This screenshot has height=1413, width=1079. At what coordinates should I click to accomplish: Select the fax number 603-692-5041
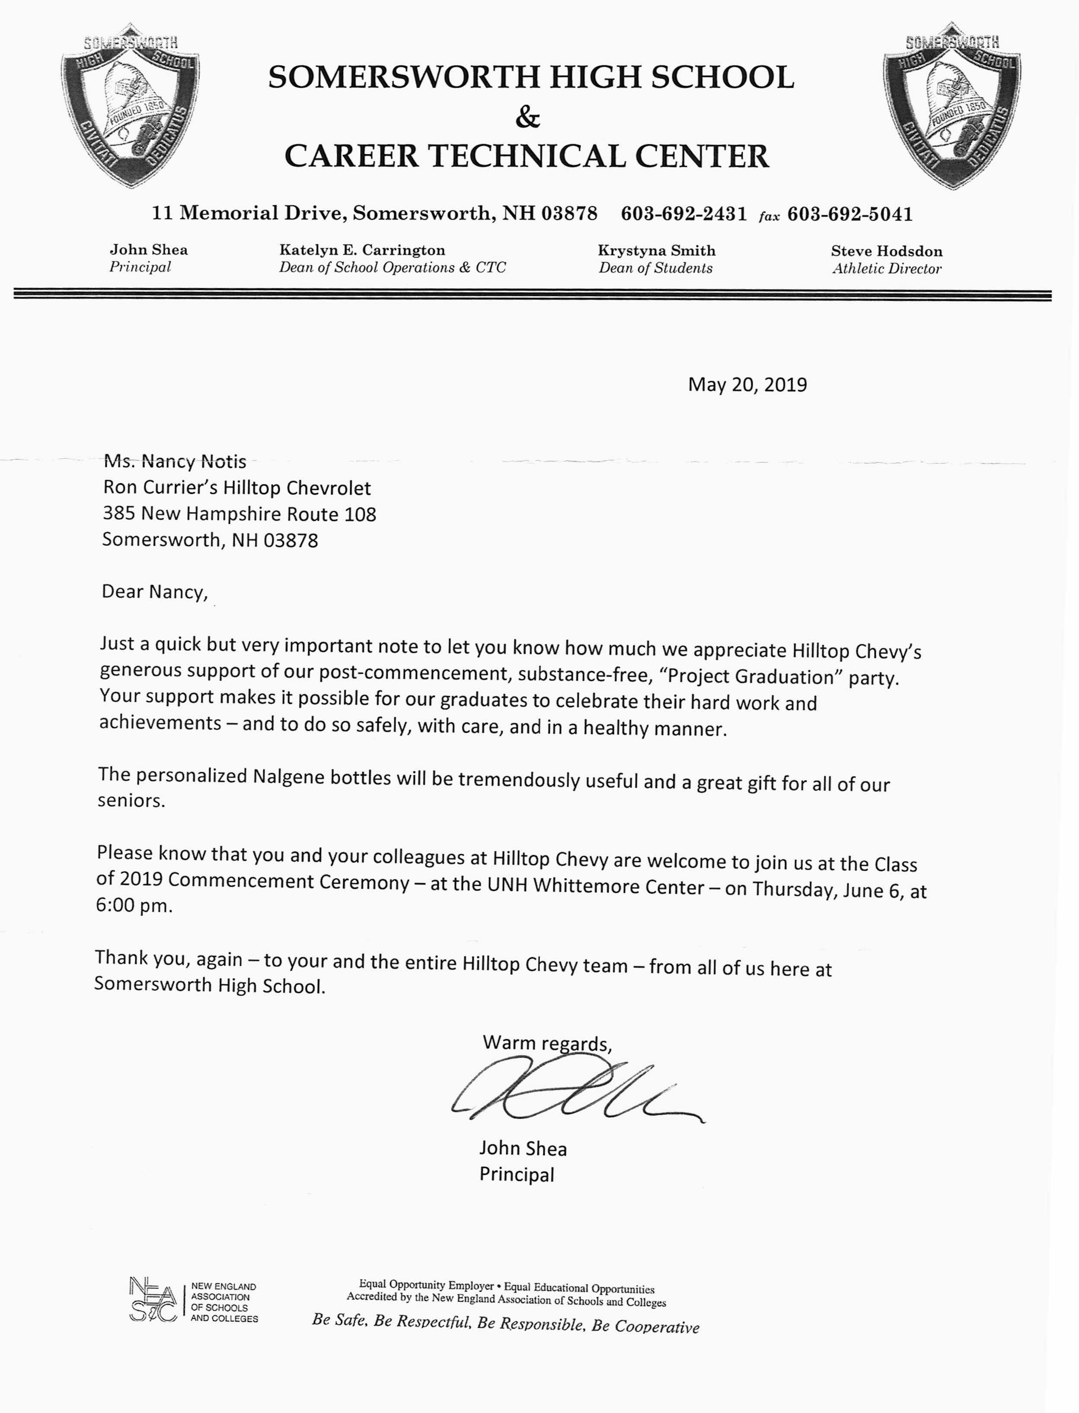coord(850,214)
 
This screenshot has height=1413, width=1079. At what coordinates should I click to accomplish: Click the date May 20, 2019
coord(747,385)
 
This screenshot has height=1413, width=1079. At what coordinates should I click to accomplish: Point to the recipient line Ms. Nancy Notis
coord(175,461)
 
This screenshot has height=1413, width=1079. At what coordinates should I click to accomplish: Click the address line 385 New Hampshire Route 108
coord(239,514)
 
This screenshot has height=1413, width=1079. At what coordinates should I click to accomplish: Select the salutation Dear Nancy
coord(154,591)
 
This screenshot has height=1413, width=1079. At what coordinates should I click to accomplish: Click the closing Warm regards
coord(546,1043)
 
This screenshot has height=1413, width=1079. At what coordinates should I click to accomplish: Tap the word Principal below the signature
coord(517,1175)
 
